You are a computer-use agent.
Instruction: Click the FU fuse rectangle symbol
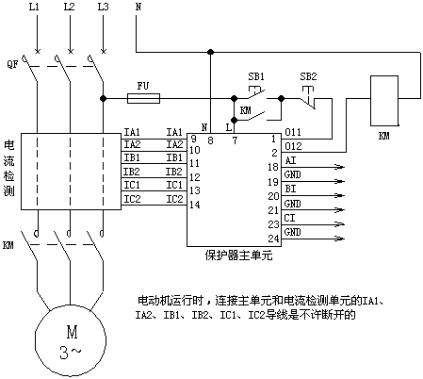tap(143, 98)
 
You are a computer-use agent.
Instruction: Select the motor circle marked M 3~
tap(71, 340)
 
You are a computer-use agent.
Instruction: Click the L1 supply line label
tap(34, 7)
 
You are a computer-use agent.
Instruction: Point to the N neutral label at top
tap(138, 7)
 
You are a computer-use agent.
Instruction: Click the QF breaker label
tap(12, 64)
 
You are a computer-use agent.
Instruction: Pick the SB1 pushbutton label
tap(256, 76)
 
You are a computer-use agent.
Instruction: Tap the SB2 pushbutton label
tap(308, 76)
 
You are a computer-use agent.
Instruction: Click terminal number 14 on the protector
tap(195, 205)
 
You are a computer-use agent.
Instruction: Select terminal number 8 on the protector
tap(210, 140)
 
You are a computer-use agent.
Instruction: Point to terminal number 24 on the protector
tap(273, 239)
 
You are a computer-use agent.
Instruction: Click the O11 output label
tap(293, 132)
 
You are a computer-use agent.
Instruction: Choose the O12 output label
tap(293, 146)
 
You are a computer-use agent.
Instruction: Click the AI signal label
tap(290, 160)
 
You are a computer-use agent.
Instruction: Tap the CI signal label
tap(290, 218)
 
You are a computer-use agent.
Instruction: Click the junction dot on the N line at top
tap(211, 52)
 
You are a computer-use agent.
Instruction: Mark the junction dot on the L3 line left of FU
tap(103, 98)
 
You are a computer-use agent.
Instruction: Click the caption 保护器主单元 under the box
tap(238, 255)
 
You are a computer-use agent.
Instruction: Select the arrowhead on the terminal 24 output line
tap(340, 239)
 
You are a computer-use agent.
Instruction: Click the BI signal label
tap(290, 189)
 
